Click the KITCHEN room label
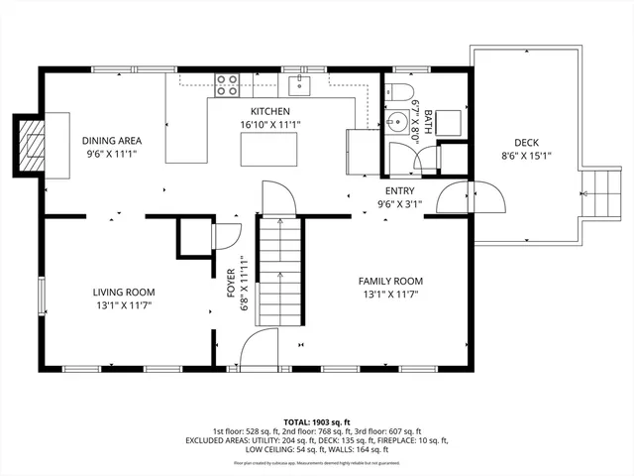point(269,112)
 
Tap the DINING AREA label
point(109,141)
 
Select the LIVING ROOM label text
point(124,292)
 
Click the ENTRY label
point(400,191)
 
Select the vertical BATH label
point(428,125)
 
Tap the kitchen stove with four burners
point(227,85)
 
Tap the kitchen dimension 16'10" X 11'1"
point(269,125)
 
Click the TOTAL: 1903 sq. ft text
point(316,421)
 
